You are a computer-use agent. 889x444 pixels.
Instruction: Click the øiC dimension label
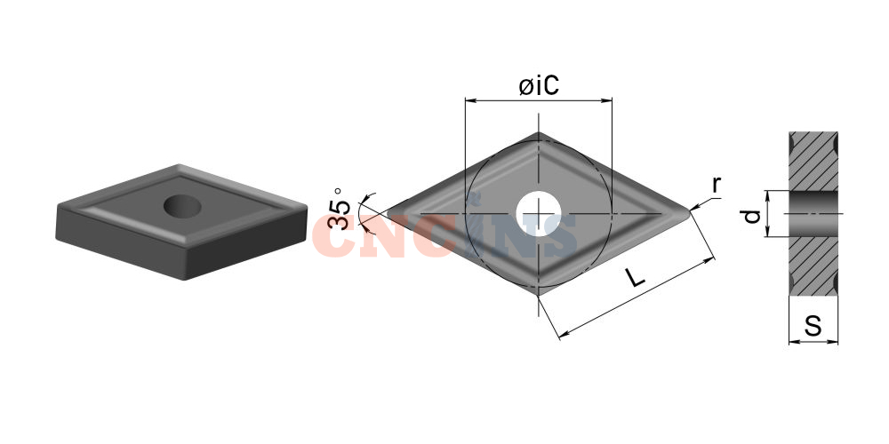tap(539, 86)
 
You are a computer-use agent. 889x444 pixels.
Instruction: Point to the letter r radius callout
tap(717, 185)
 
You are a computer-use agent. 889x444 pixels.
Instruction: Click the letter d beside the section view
tap(751, 216)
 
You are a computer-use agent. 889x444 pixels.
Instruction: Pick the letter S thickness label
tap(813, 327)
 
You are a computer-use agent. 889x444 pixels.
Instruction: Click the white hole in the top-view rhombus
tap(539, 213)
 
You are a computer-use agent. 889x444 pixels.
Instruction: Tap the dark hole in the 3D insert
tap(182, 206)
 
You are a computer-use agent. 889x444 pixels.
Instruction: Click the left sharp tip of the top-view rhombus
tap(388, 213)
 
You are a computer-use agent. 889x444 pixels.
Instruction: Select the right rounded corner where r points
tap(688, 213)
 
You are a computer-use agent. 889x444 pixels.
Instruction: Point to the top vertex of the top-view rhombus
tap(539, 134)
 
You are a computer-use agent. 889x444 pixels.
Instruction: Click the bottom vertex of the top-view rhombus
tap(539, 293)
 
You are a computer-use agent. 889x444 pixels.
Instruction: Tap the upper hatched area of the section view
tap(813, 162)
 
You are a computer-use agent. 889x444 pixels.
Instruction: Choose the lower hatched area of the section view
tap(813, 266)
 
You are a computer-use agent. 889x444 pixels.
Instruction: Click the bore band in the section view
tap(813, 213)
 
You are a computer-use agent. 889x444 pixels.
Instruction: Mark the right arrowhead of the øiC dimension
tap(607, 101)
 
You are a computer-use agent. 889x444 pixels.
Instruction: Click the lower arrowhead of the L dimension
tap(564, 335)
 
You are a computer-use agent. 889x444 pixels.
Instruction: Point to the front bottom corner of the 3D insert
tap(186, 279)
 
